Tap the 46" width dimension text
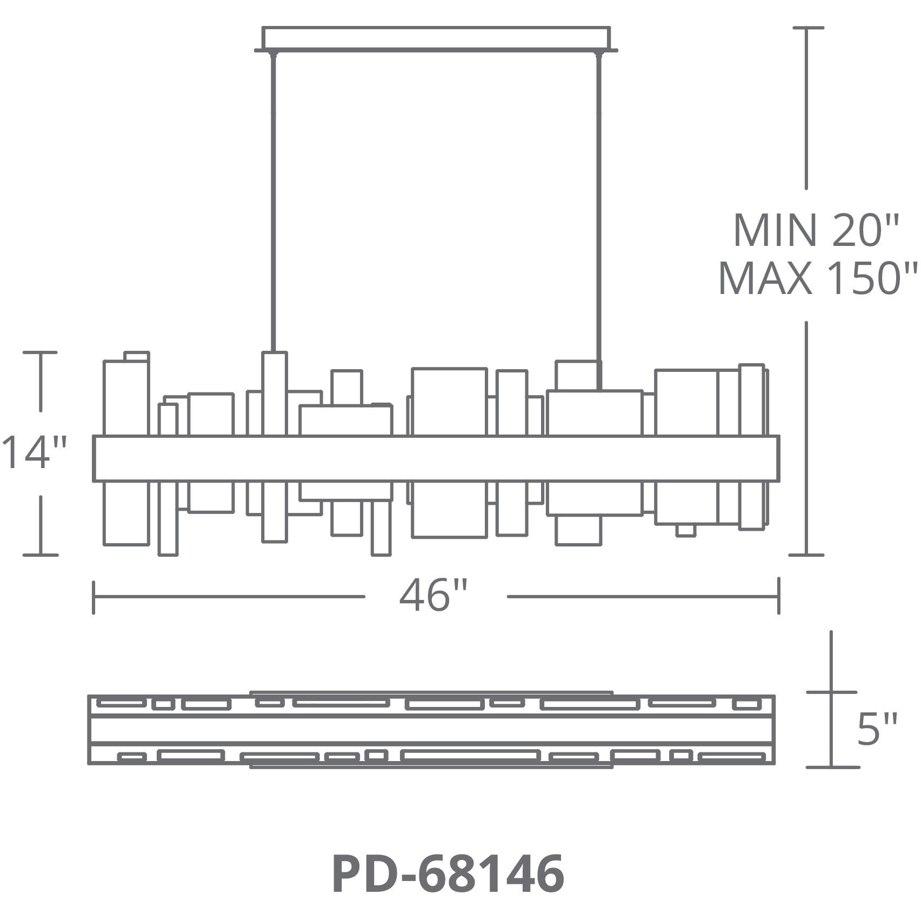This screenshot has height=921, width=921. pos(433,596)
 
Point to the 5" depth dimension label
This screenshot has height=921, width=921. pos(877,729)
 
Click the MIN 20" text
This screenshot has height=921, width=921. pos(815,231)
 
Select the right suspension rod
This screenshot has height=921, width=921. pos(599,216)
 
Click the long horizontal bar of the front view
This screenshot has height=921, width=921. pos(436,458)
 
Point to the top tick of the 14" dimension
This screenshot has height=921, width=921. pos(40,352)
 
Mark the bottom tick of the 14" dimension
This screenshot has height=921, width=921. pos(40,555)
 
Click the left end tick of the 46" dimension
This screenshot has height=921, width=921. pos(95,597)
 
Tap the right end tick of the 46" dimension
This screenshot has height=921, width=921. pos(778,596)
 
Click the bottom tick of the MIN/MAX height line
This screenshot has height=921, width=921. pos(806,555)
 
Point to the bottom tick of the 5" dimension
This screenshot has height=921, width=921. pos(831,767)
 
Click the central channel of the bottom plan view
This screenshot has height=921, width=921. pos(431,730)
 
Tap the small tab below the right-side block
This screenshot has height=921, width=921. pos(685,530)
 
